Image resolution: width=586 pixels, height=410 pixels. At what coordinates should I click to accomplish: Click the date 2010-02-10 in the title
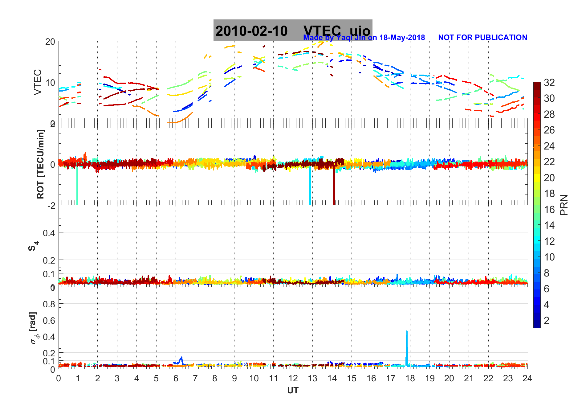pyautogui.click(x=251, y=31)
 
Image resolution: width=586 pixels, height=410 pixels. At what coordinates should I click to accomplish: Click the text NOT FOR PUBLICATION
pyautogui.click(x=482, y=38)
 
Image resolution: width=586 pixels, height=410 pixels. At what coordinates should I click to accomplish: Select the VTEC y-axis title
pyautogui.click(x=37, y=82)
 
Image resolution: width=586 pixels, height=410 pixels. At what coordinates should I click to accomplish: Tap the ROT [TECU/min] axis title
pyautogui.click(x=40, y=164)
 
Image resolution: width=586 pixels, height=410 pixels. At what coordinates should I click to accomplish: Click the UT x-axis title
pyautogui.click(x=293, y=391)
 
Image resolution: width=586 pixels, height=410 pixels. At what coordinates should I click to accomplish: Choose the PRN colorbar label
pyautogui.click(x=564, y=205)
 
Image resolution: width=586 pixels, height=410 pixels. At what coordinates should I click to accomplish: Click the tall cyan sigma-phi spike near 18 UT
pyautogui.click(x=407, y=348)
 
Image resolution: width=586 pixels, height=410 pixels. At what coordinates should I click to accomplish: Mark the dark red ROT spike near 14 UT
pyautogui.click(x=334, y=188)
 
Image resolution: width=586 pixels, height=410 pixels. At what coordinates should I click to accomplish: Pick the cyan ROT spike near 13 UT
pyautogui.click(x=310, y=188)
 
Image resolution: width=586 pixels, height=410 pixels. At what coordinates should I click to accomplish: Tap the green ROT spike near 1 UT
pyautogui.click(x=77, y=188)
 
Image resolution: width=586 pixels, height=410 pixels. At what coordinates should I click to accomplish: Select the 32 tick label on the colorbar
pyautogui.click(x=549, y=83)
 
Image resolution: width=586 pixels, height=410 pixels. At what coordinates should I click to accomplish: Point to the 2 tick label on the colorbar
pyautogui.click(x=546, y=321)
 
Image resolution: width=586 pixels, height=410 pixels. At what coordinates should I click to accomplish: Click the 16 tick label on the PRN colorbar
pyautogui.click(x=549, y=210)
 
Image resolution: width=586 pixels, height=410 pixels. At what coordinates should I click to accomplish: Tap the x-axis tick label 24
pyautogui.click(x=527, y=379)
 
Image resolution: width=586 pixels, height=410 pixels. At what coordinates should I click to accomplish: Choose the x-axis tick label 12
pyautogui.click(x=293, y=379)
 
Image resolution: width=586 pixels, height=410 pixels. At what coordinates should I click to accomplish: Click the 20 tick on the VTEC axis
pyautogui.click(x=50, y=42)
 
